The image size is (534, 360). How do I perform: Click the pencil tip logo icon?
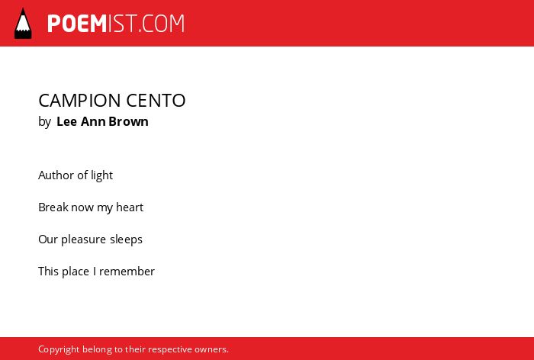[x=23, y=24]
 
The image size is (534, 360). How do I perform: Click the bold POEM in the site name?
[x=77, y=24]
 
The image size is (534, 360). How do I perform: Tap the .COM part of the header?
[x=162, y=24]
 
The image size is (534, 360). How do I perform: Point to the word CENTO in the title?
[x=156, y=101]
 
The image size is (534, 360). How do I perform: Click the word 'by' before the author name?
[x=44, y=122]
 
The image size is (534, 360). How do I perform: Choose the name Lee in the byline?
[x=66, y=121]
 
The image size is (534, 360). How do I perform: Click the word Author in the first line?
[x=56, y=175]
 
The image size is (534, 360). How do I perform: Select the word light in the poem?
[x=101, y=175]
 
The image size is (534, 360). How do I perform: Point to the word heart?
[x=130, y=207]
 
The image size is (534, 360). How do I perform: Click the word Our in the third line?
[x=48, y=239]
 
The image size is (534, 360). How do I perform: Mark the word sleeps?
[x=126, y=239]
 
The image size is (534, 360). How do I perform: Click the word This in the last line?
[x=49, y=271]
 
